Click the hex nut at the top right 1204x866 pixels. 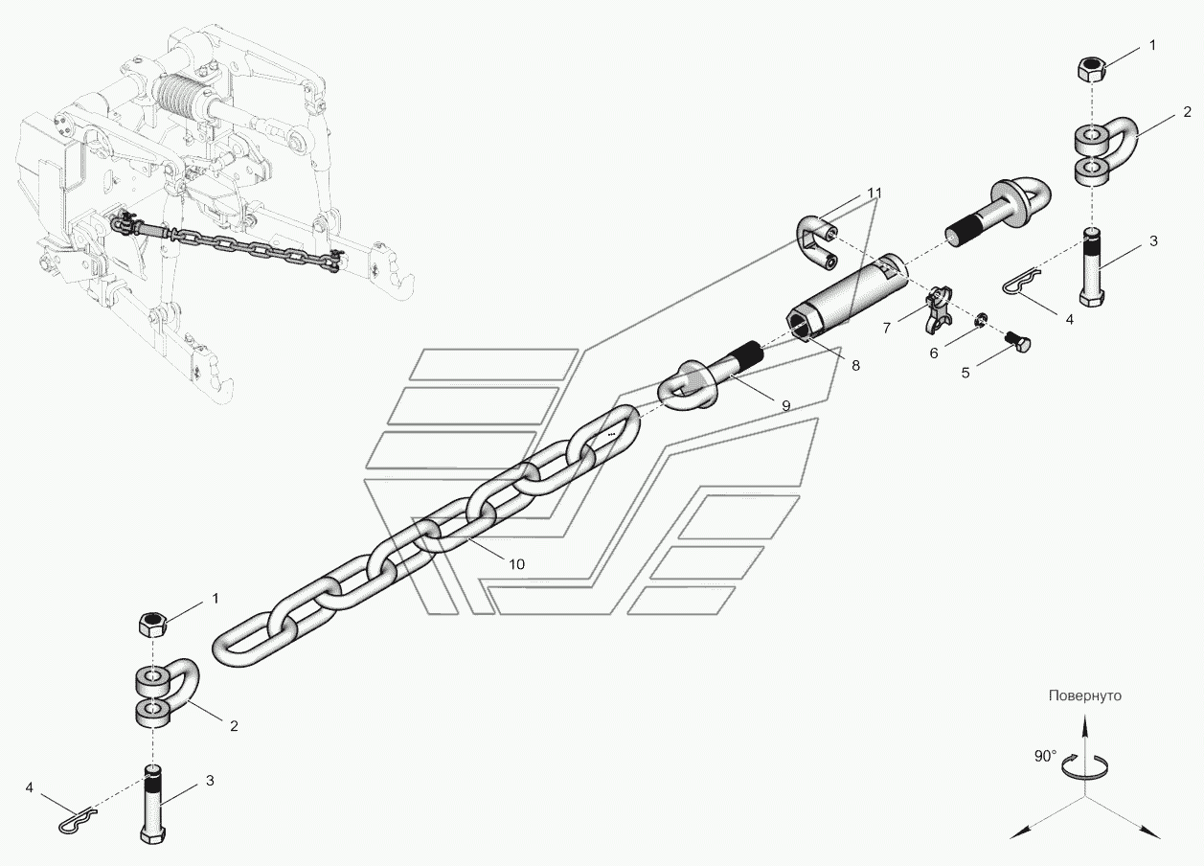click(1091, 68)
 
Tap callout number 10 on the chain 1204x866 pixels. click(516, 563)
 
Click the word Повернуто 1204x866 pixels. click(1084, 695)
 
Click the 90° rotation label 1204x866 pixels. click(1045, 756)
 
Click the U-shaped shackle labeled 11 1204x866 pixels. click(816, 243)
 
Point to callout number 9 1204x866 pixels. click(785, 405)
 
